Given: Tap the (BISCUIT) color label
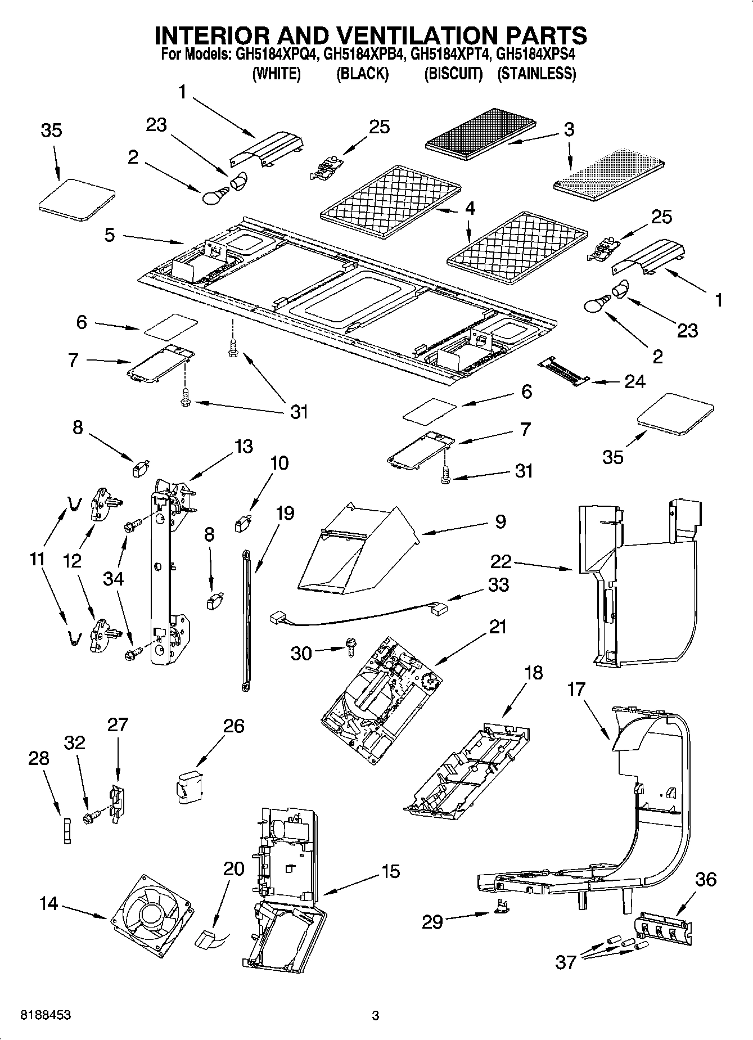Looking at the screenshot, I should click(453, 74).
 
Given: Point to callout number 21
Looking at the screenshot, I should click(497, 626).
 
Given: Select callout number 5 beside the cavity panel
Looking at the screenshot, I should click(110, 235).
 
